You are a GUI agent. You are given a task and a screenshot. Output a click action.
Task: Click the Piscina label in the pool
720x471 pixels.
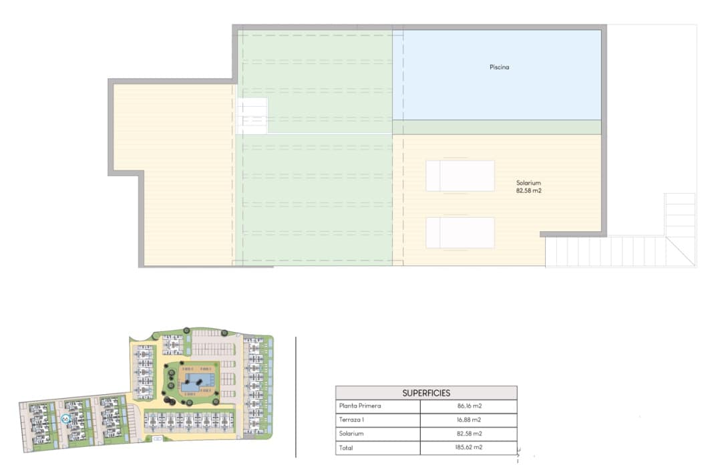(x=499, y=67)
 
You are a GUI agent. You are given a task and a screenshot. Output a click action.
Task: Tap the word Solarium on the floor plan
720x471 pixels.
(x=528, y=183)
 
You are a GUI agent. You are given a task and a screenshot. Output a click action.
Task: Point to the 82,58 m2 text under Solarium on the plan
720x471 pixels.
(x=528, y=191)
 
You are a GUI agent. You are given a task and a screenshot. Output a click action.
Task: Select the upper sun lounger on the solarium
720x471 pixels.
(x=460, y=176)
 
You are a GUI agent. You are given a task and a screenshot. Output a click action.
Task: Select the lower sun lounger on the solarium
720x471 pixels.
(x=460, y=232)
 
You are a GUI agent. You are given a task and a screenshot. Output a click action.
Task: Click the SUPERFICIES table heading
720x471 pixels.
(x=426, y=393)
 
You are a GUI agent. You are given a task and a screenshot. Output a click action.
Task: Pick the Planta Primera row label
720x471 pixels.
(x=359, y=406)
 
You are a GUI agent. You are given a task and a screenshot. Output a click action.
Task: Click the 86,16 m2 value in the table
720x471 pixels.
(x=469, y=406)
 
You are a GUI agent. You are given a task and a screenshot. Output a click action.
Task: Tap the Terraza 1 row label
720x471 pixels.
(x=353, y=420)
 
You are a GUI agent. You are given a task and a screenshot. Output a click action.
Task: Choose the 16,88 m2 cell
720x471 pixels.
(x=469, y=420)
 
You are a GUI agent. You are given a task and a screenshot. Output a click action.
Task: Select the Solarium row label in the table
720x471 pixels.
(x=352, y=434)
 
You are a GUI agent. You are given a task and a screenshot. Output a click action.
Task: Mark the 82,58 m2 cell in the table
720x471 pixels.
(x=469, y=434)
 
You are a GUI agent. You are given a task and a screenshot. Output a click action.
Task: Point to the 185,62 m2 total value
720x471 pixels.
(x=469, y=448)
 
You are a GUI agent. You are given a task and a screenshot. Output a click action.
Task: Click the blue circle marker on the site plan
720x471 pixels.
(x=65, y=419)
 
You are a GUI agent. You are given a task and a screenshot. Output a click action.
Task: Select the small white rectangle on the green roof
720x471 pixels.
(x=252, y=116)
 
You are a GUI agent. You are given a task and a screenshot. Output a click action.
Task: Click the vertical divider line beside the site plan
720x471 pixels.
(x=296, y=397)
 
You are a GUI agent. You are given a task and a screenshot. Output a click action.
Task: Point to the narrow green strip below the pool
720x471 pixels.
(x=497, y=128)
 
